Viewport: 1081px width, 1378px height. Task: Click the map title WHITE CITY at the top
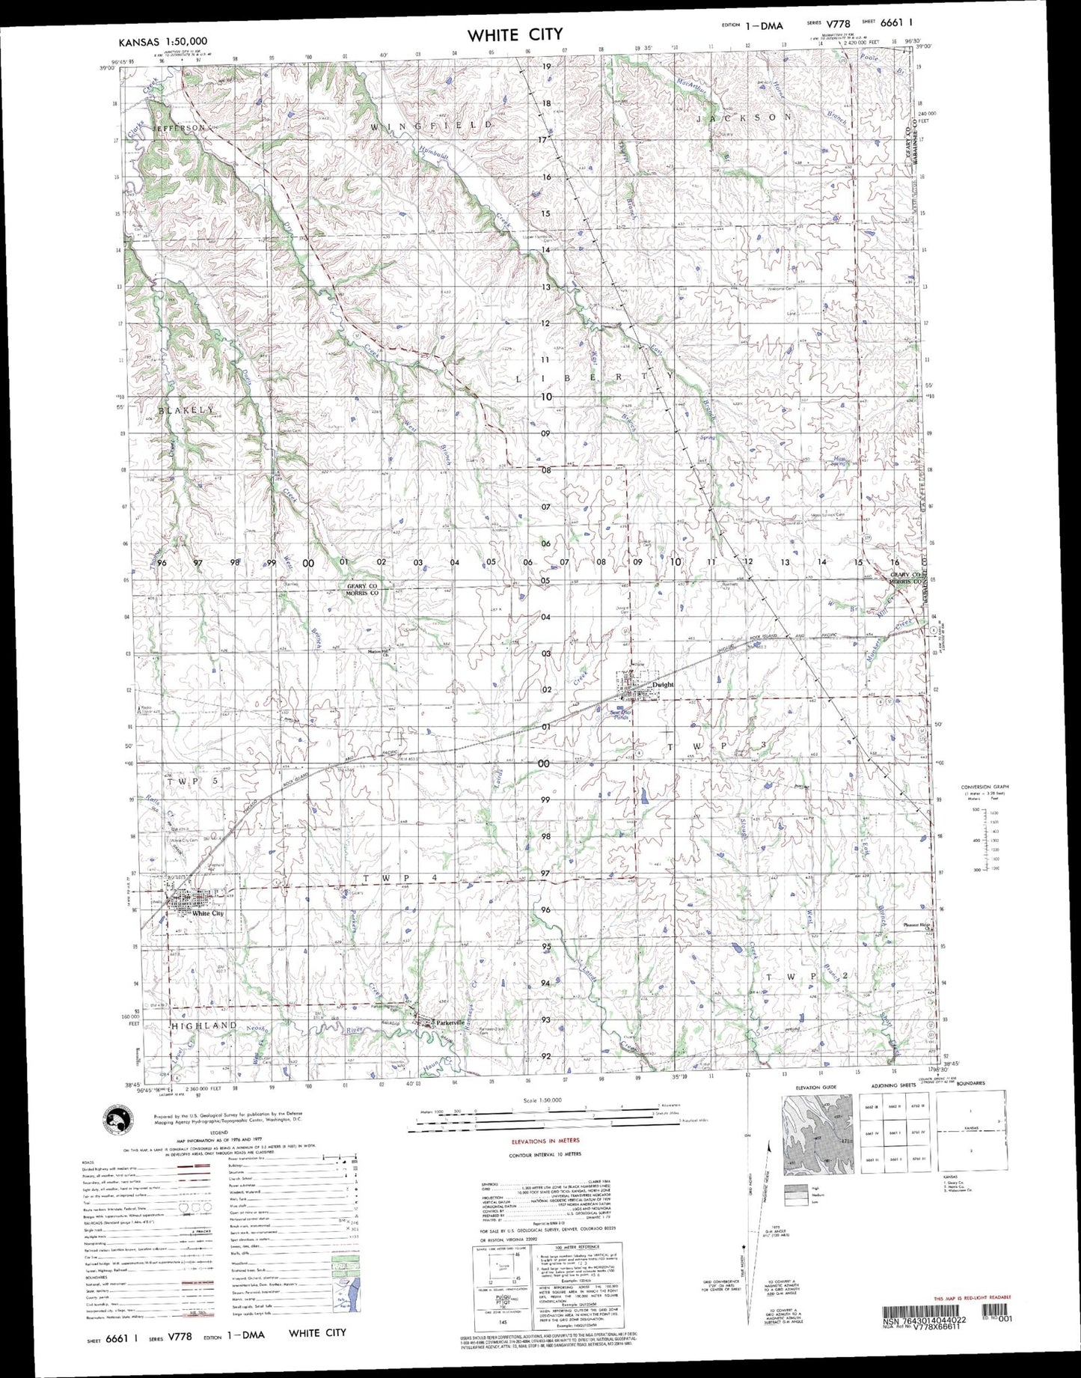point(515,35)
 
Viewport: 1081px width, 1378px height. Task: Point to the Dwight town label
point(662,685)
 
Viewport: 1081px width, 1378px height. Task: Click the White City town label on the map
point(207,914)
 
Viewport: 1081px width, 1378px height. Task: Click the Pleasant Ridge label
point(916,926)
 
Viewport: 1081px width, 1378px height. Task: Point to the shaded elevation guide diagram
point(817,1134)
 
